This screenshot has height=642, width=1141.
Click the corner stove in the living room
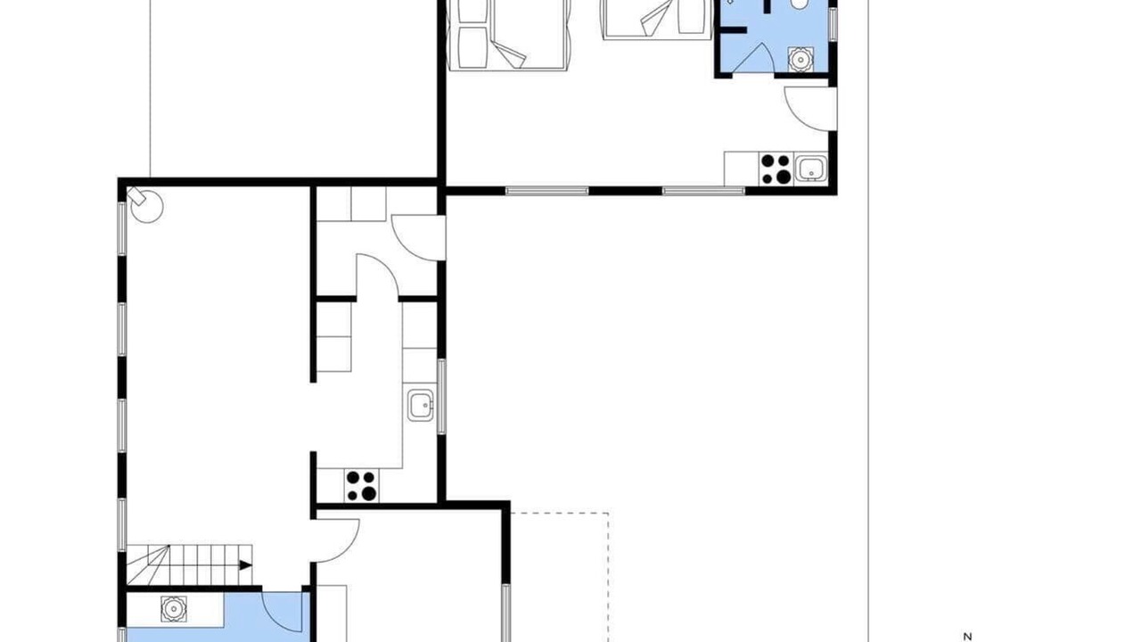click(x=146, y=205)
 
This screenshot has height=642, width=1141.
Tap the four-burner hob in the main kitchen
click(x=361, y=486)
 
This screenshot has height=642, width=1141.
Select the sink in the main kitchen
click(x=420, y=406)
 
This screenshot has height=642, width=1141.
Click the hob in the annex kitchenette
click(x=776, y=169)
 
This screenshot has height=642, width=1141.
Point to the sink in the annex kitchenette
click(x=810, y=169)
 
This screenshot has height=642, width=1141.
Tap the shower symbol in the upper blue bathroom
click(x=800, y=59)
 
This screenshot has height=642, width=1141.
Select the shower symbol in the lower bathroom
click(x=174, y=609)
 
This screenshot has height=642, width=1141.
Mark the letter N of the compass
click(x=967, y=637)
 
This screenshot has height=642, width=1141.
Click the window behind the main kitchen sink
click(x=441, y=397)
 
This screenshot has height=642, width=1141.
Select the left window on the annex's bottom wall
click(x=547, y=191)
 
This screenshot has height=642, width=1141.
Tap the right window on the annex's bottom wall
click(x=703, y=191)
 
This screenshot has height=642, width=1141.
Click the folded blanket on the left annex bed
click(x=509, y=54)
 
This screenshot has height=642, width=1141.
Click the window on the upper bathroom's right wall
click(x=833, y=24)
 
